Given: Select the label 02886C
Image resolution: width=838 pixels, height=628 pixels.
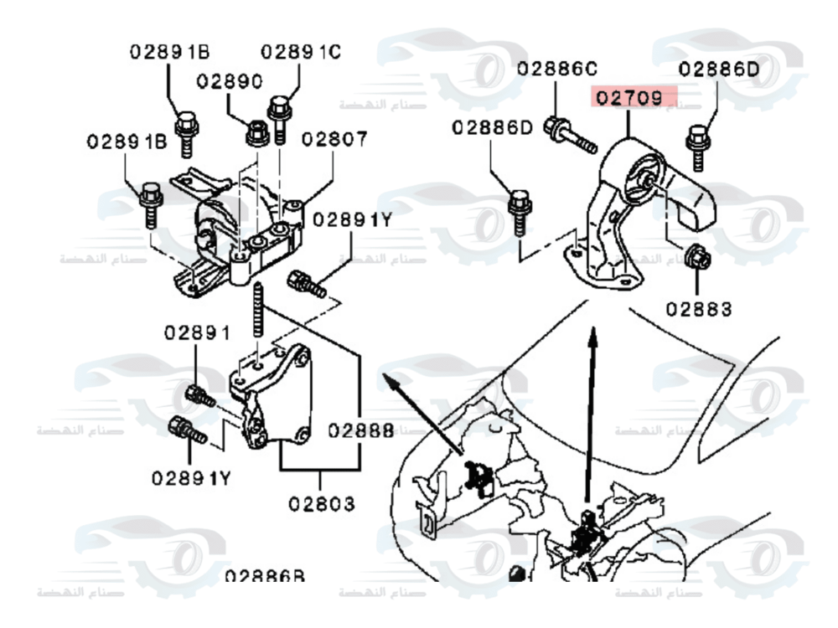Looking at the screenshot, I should [x=557, y=69].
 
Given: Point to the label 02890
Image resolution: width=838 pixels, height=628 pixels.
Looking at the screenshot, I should [x=230, y=81].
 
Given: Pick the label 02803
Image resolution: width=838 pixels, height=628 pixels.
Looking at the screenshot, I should [x=322, y=504].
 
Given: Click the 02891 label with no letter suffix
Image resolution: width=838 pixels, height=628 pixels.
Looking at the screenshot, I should [x=196, y=332].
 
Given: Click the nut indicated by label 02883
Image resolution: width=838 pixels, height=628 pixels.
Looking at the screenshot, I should [x=696, y=257].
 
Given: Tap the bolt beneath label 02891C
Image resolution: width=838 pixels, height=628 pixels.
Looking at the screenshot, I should [x=279, y=116].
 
